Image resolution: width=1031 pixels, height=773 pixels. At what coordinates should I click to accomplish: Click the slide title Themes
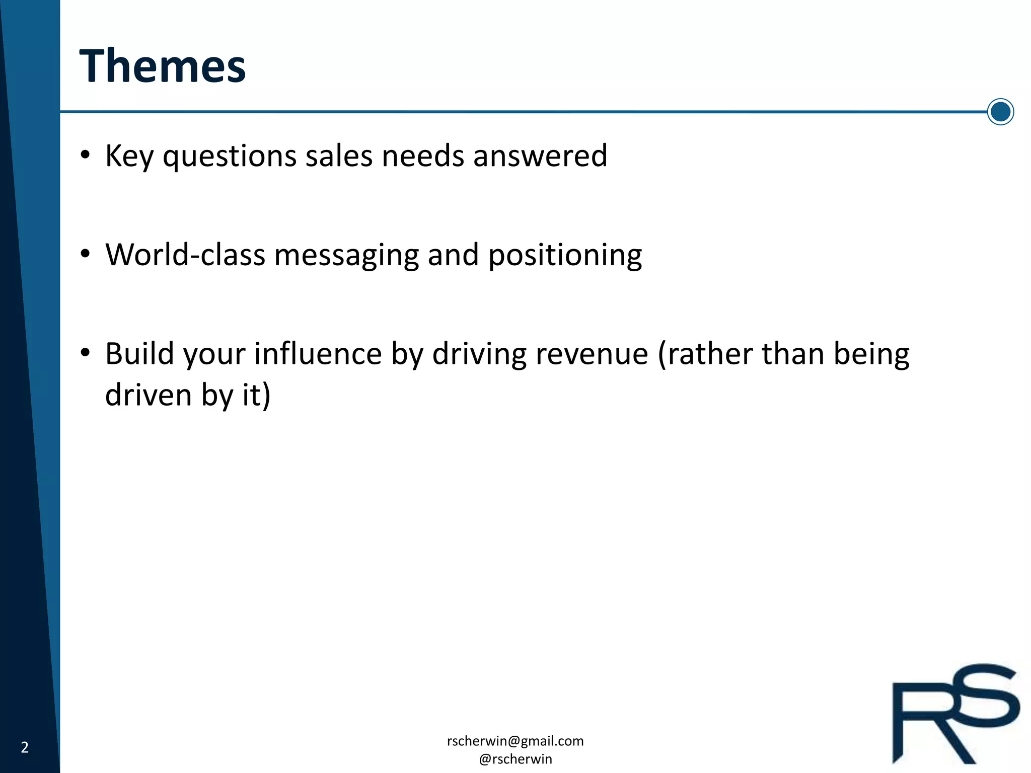point(162,66)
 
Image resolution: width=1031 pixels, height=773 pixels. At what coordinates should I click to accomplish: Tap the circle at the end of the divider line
point(1000,112)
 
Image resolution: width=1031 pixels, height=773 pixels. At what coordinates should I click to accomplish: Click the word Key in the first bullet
point(129,156)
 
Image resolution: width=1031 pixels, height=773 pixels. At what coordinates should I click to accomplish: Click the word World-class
point(185,255)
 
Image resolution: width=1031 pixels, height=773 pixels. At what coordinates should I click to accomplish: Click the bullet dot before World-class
point(85,253)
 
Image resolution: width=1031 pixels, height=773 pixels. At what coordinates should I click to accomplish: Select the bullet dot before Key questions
point(85,154)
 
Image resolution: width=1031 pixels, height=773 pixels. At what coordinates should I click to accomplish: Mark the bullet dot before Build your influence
point(85,352)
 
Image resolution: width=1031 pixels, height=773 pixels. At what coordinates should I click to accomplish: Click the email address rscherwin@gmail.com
point(515,741)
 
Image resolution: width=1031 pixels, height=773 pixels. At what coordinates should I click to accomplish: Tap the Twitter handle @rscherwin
point(515,759)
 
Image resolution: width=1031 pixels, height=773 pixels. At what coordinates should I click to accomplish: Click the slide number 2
point(25,747)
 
